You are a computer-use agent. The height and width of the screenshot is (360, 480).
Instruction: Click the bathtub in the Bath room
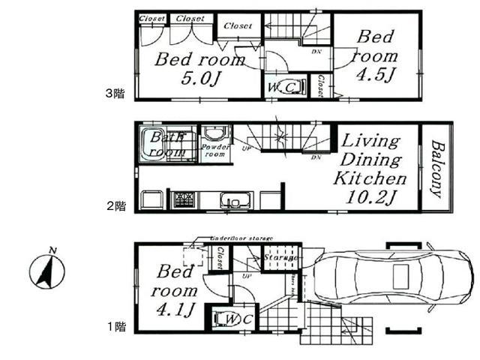point(165,142)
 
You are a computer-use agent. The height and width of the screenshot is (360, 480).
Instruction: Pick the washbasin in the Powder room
point(216,135)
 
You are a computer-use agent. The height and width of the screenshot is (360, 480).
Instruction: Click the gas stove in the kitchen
point(184,199)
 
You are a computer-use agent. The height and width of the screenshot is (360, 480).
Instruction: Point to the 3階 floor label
point(114,94)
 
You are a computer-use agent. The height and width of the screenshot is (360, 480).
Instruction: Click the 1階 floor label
point(114,326)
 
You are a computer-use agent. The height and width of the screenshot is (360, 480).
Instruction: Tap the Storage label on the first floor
point(280,258)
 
